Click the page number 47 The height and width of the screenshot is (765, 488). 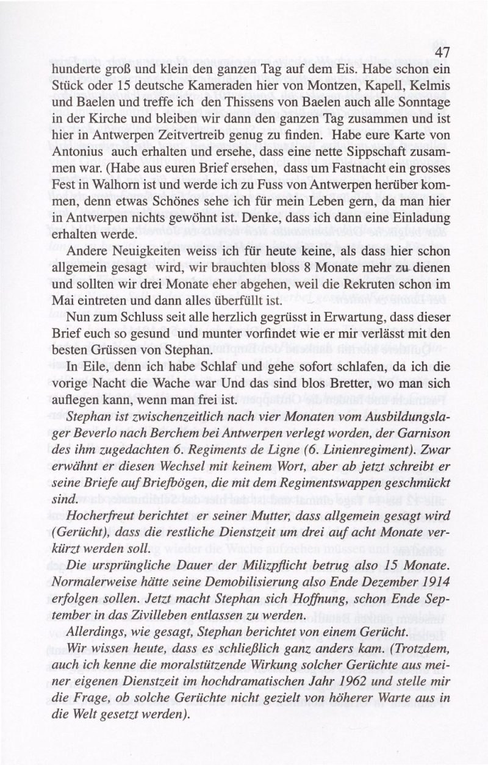[442, 53]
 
